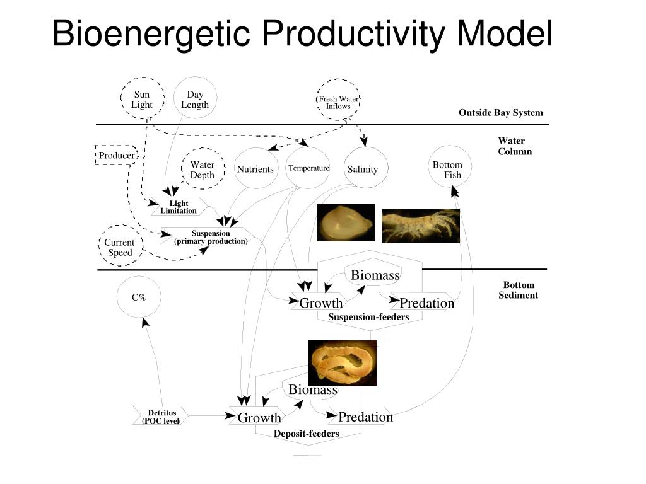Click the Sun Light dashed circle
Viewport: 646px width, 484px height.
pos(143,99)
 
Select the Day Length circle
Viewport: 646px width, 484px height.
pos(195,99)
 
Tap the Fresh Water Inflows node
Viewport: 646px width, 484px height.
pos(338,101)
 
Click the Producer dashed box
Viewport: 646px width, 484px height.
pos(116,155)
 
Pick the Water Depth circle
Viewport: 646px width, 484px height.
pos(203,170)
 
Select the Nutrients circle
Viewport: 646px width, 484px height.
pos(255,169)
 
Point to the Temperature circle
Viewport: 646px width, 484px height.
pos(308,168)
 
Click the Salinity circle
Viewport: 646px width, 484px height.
pos(363,169)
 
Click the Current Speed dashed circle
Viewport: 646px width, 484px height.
pos(120,246)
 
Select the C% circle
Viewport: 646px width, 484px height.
pos(139,297)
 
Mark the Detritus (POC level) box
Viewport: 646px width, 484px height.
pos(161,417)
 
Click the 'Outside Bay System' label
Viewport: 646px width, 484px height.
pos(500,113)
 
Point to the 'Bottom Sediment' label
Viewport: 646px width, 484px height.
pos(518,290)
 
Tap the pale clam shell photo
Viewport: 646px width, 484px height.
pos(345,222)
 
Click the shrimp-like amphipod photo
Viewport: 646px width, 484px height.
pos(421,226)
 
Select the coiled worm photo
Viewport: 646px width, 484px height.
pos(342,362)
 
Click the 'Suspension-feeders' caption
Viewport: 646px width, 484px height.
pos(368,317)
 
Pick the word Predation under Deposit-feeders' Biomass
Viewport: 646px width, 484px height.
pos(365,417)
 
